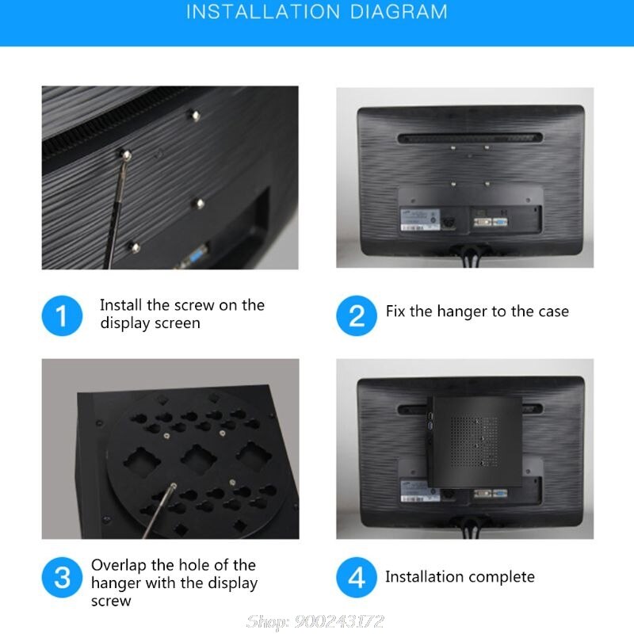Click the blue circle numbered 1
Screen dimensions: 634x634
click(x=62, y=315)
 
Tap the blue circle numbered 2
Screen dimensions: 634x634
click(x=357, y=315)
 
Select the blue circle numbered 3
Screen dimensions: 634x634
click(x=62, y=576)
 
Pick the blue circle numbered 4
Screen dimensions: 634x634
click(x=357, y=576)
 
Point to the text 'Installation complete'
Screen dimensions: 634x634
click(x=460, y=576)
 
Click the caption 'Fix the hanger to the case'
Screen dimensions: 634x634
click(x=477, y=311)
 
